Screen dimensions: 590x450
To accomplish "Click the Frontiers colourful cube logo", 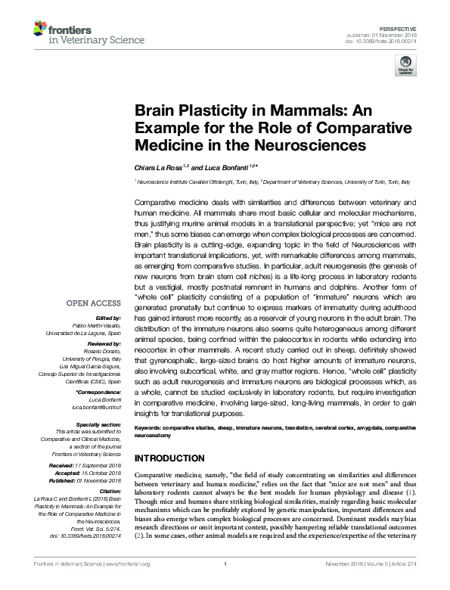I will pyautogui.click(x=39, y=30).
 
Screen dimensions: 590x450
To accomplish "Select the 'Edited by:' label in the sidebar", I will pyautogui.click(x=109, y=320).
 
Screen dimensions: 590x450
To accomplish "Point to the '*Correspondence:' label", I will pyautogui.click(x=99, y=393).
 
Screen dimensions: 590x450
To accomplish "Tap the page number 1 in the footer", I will pyautogui.click(x=225, y=584).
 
